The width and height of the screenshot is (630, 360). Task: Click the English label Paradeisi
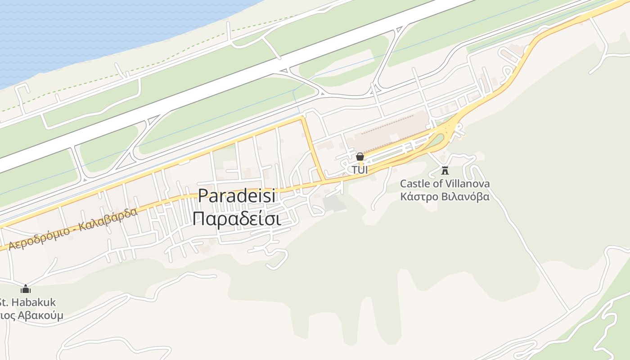(237, 196)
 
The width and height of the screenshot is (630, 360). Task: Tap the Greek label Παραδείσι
(237, 219)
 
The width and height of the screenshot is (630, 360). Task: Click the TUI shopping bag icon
(360, 157)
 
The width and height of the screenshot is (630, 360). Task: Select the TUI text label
(360, 170)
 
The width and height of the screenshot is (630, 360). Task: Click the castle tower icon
(445, 170)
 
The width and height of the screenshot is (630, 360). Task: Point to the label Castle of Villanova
(445, 184)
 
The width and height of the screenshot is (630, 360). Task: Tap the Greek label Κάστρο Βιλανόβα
(445, 197)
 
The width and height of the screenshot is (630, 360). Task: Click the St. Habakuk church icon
(26, 289)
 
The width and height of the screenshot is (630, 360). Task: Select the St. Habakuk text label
(28, 302)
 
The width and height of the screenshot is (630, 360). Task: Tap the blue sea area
(90, 31)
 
